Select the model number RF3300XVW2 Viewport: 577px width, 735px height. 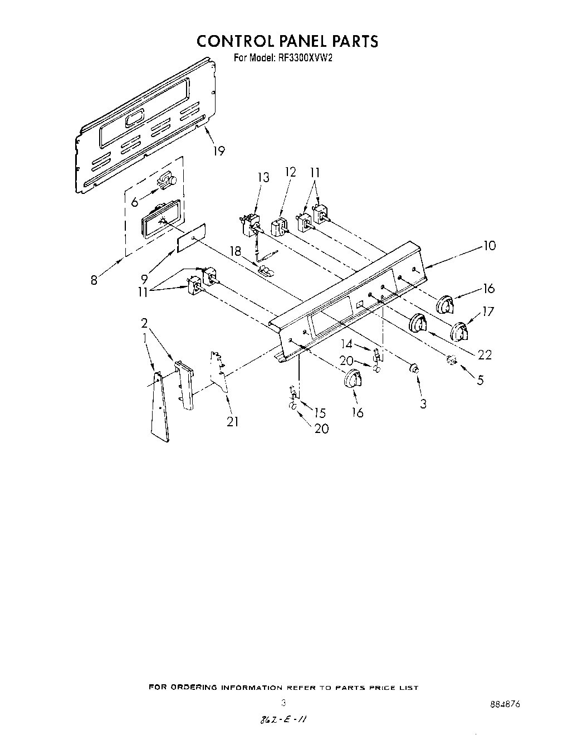[x=306, y=57]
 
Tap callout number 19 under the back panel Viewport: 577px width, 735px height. [x=219, y=151]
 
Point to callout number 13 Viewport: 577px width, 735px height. [x=263, y=178]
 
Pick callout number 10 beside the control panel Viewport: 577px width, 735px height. [x=489, y=245]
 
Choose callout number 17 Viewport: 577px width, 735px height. [x=488, y=311]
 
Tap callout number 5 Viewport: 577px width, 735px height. [x=480, y=381]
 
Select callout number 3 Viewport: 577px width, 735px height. [x=423, y=403]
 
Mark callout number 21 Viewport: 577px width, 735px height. [x=232, y=422]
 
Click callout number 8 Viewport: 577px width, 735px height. [x=94, y=280]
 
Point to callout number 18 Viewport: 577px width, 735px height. [x=236, y=251]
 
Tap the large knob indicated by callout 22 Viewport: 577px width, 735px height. [x=418, y=324]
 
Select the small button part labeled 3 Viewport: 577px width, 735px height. [x=414, y=368]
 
